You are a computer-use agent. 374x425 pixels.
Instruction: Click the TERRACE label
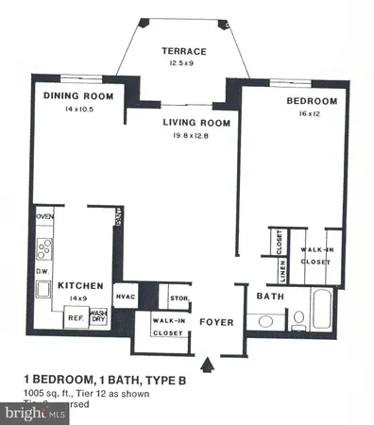tap(184, 51)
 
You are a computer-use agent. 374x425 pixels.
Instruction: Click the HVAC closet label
tap(127, 297)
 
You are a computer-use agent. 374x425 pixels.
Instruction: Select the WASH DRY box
tap(98, 318)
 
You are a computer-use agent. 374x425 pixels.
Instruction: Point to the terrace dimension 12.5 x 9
tap(184, 64)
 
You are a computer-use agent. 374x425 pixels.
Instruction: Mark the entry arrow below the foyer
tap(209, 363)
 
